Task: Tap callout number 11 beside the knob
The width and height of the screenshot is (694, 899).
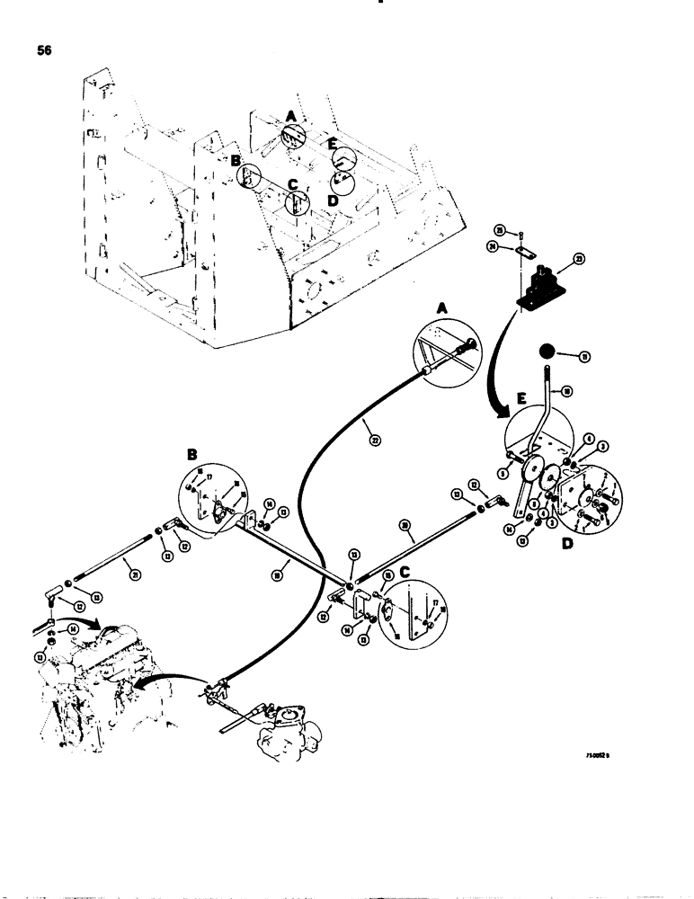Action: click(586, 357)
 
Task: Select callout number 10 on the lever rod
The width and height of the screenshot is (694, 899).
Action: click(567, 390)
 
